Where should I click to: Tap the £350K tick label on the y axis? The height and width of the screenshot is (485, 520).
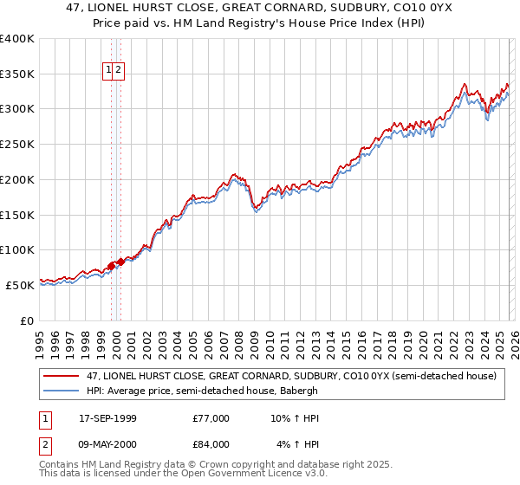[17, 74]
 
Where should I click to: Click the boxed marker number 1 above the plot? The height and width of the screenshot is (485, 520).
[110, 70]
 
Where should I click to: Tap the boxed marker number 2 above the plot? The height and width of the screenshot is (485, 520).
[120, 70]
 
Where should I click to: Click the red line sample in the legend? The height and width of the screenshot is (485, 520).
[62, 377]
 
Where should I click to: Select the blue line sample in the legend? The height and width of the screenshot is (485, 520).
[62, 391]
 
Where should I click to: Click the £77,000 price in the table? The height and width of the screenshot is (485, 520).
[211, 418]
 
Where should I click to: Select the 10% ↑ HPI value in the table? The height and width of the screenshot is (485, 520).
[295, 418]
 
